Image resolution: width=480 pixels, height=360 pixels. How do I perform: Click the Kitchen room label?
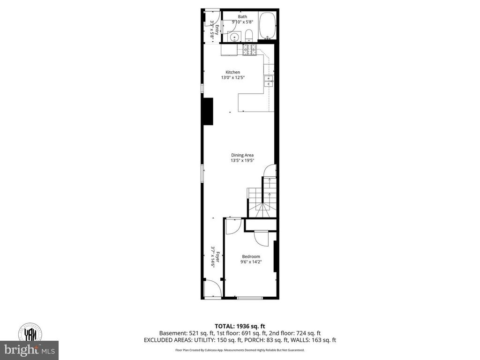click(x=233, y=72)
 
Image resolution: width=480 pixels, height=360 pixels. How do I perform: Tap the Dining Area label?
click(x=242, y=155)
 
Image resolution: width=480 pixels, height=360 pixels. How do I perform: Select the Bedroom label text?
click(x=251, y=256)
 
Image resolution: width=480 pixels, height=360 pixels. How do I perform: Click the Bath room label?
click(x=242, y=17)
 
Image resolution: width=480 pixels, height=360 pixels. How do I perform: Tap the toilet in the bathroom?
click(x=249, y=36)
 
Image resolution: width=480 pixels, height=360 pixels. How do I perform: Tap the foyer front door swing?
click(x=212, y=288)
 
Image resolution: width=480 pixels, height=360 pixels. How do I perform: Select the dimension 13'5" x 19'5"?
click(x=242, y=160)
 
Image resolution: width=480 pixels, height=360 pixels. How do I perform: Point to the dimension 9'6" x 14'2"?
click(x=251, y=262)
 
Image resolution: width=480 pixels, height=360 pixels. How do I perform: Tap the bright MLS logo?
click(x=29, y=350)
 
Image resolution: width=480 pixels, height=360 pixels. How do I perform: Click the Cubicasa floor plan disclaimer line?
click(x=240, y=350)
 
